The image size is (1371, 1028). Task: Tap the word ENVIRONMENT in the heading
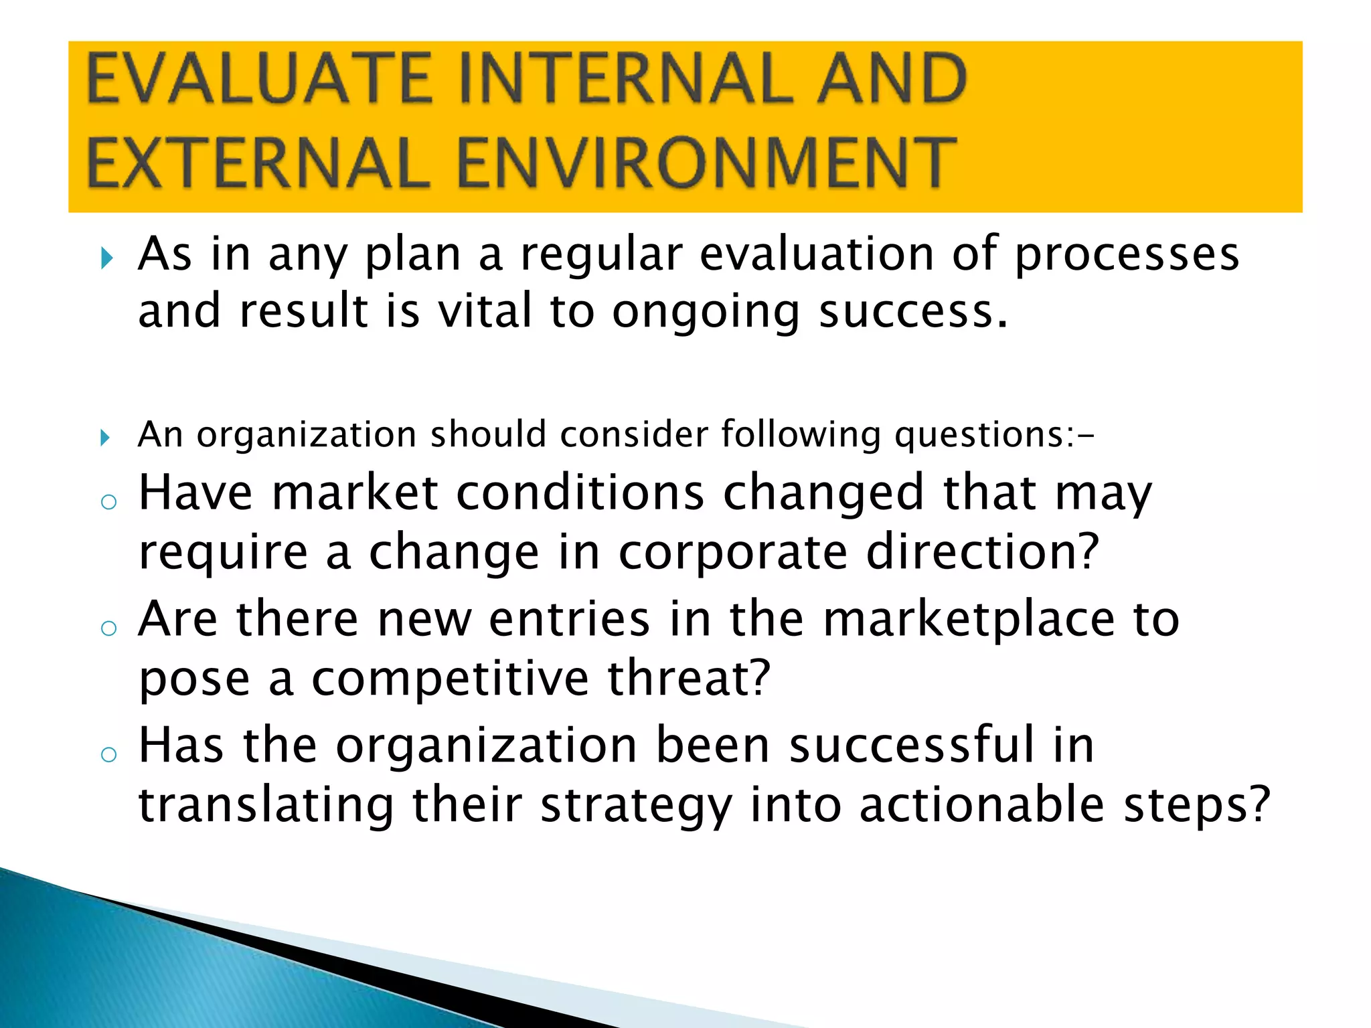pyautogui.click(x=706, y=163)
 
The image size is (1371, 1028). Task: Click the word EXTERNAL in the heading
pyautogui.click(x=258, y=163)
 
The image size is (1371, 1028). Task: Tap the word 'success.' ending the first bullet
pyautogui.click(x=913, y=312)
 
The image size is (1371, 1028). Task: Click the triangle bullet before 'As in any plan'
pyautogui.click(x=106, y=258)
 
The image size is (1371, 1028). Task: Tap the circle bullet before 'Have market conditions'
pyautogui.click(x=108, y=502)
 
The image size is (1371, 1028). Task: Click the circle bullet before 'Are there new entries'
pyautogui.click(x=108, y=628)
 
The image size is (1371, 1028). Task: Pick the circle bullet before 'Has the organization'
pyautogui.click(x=108, y=754)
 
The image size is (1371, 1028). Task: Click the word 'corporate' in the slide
pyautogui.click(x=732, y=553)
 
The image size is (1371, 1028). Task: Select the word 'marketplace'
pyautogui.click(x=968, y=620)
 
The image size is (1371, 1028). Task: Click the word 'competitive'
pyautogui.click(x=450, y=679)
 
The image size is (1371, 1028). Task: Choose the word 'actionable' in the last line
pyautogui.click(x=981, y=804)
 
